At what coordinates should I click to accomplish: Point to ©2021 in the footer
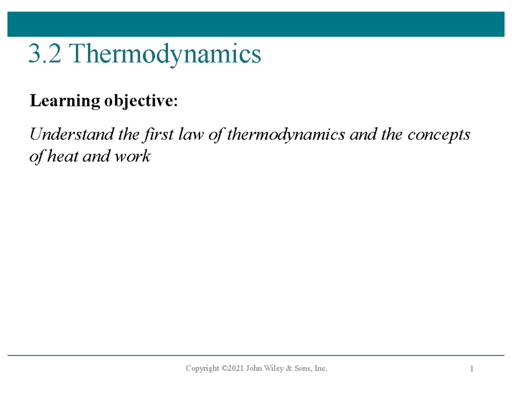tap(233, 368)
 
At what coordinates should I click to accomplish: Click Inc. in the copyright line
tap(323, 368)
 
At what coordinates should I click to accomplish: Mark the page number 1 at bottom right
tap(472, 369)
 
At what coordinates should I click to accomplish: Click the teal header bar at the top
tap(256, 24)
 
